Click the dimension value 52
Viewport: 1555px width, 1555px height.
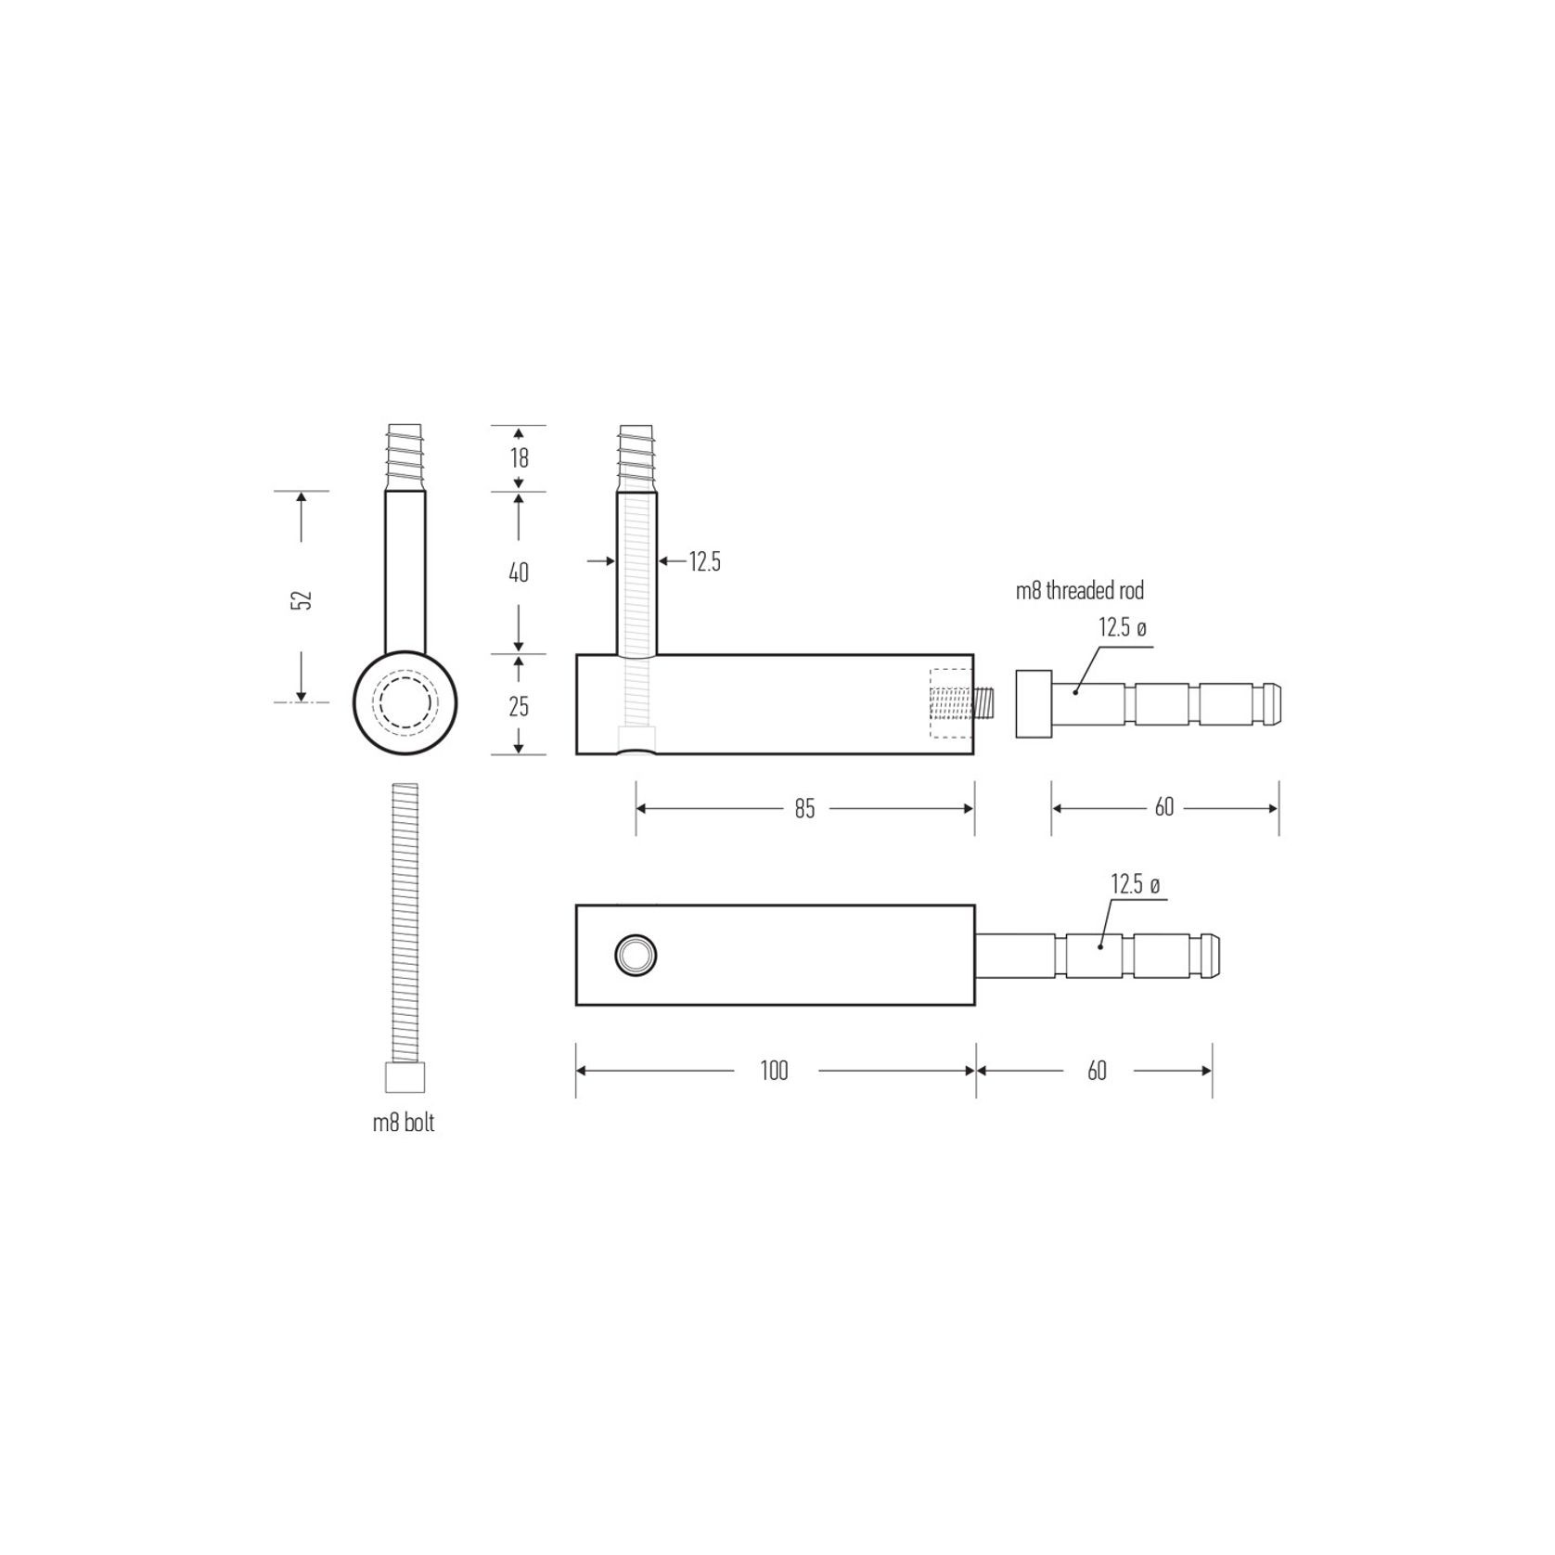click(x=302, y=598)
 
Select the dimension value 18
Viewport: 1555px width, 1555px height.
click(x=519, y=457)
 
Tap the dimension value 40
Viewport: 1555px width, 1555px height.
click(x=519, y=572)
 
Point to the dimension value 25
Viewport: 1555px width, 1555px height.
click(x=519, y=706)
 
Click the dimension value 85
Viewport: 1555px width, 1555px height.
click(x=804, y=809)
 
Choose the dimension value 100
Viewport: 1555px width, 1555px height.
click(x=774, y=1071)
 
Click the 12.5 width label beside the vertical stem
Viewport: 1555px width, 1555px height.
click(x=704, y=561)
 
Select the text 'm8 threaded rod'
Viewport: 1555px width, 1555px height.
click(x=1080, y=590)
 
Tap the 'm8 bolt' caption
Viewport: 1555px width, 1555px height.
click(x=404, y=1123)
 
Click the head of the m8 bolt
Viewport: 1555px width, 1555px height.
click(x=405, y=1078)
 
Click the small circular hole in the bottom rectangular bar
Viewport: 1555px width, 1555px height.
click(x=636, y=955)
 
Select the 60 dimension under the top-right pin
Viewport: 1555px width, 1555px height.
click(x=1164, y=808)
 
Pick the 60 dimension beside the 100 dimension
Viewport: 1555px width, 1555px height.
click(x=1097, y=1071)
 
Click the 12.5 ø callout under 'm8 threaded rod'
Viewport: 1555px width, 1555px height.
click(x=1123, y=628)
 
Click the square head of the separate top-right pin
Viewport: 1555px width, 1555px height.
click(x=1034, y=703)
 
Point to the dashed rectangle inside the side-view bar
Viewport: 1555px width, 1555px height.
click(x=951, y=703)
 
